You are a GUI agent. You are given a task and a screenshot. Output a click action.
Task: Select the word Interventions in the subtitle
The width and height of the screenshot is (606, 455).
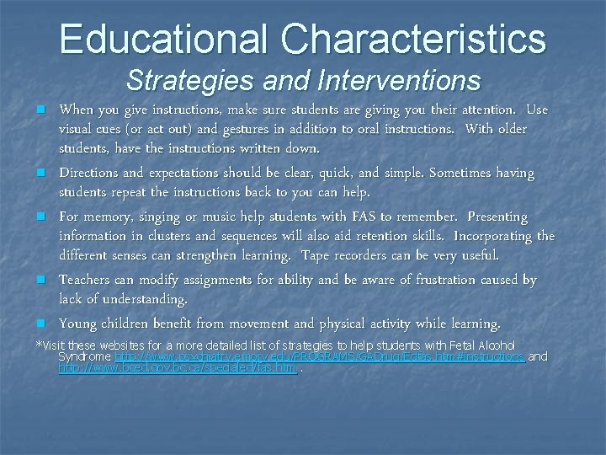pos(400,81)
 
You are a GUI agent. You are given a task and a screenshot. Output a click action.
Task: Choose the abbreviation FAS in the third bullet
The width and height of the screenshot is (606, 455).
pos(363,217)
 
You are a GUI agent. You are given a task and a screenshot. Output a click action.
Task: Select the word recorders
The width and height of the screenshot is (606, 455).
pos(370,254)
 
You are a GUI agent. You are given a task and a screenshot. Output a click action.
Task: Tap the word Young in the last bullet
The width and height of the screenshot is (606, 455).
pos(78,324)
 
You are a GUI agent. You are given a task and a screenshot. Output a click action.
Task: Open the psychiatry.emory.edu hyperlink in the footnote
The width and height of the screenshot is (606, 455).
pos(320,357)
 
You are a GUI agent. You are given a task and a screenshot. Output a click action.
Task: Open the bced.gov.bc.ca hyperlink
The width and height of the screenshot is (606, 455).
pos(177,368)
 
